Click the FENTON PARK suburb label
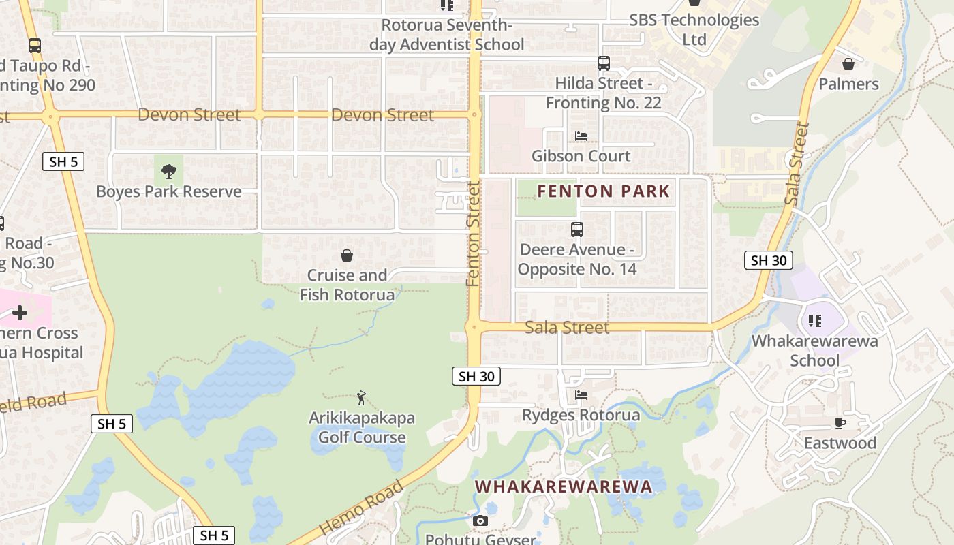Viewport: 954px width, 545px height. (604, 191)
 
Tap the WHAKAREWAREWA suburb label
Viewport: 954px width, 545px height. (564, 486)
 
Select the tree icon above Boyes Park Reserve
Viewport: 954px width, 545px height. (168, 170)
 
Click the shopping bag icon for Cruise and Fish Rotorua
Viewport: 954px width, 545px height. (347, 255)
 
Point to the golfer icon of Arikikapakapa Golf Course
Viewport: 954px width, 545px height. (361, 397)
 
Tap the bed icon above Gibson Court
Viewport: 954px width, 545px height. (581, 136)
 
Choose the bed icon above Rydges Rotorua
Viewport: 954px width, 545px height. (581, 394)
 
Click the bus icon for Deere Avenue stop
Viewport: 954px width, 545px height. (577, 230)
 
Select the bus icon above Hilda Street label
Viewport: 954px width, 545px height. (603, 63)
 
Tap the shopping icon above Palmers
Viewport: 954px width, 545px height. (848, 64)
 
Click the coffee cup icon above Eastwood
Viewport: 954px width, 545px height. (840, 423)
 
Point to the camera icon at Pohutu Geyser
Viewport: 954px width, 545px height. (480, 521)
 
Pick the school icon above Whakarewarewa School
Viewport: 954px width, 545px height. (814, 320)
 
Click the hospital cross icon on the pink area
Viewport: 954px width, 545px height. (20, 313)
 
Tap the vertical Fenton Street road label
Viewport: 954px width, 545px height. (474, 234)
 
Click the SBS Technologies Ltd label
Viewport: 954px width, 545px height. (694, 29)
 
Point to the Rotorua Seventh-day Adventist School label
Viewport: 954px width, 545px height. (446, 35)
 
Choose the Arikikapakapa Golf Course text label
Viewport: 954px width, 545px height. (362, 427)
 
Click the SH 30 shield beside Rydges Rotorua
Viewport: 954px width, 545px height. (476, 376)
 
